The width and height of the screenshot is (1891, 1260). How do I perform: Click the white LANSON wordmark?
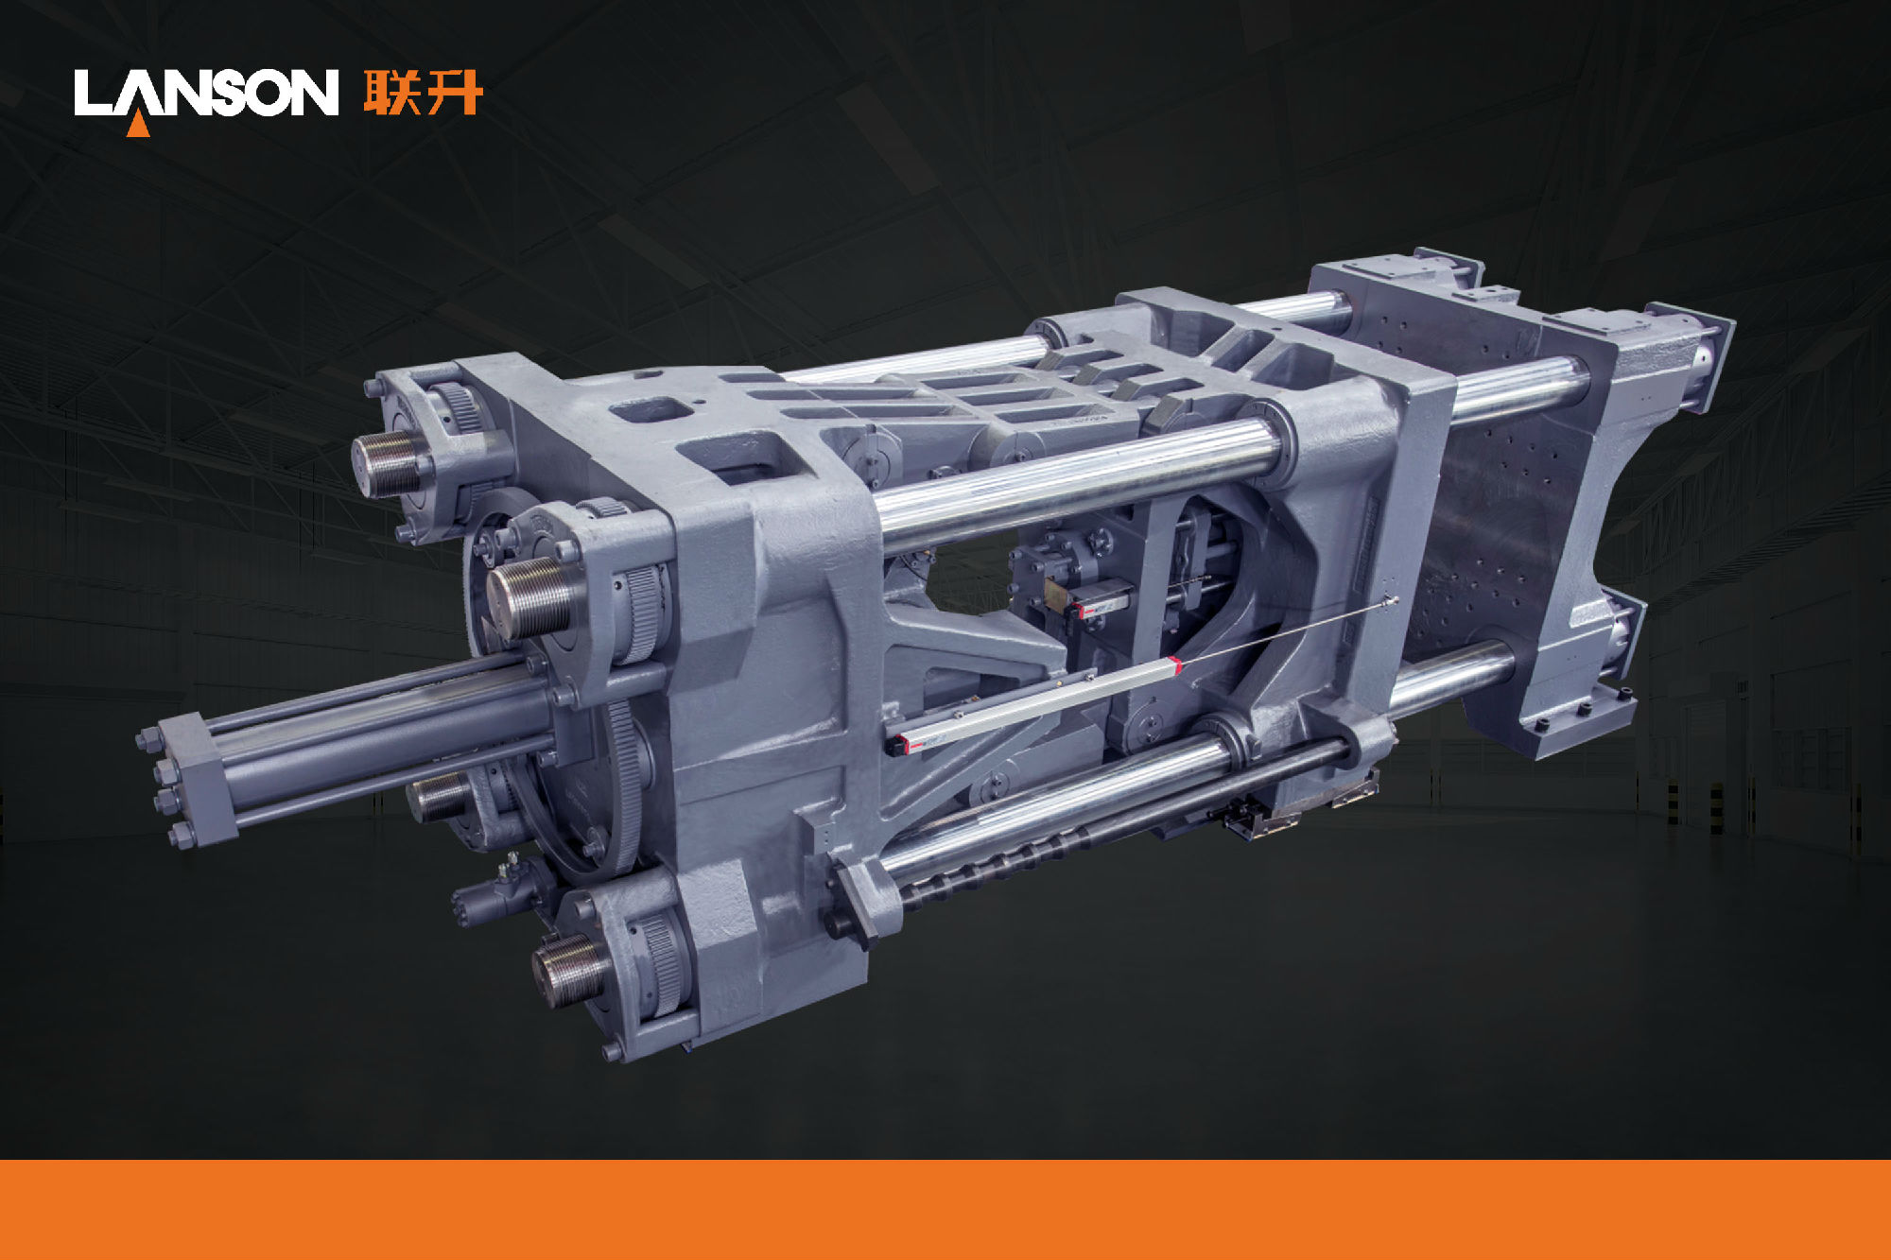[x=206, y=92]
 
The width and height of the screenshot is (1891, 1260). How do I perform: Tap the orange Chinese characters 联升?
[x=424, y=92]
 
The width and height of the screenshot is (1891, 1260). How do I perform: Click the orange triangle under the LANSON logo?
[x=138, y=123]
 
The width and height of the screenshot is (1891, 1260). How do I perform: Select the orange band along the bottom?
[x=945, y=1210]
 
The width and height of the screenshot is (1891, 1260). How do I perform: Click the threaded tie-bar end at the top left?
[x=389, y=463]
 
